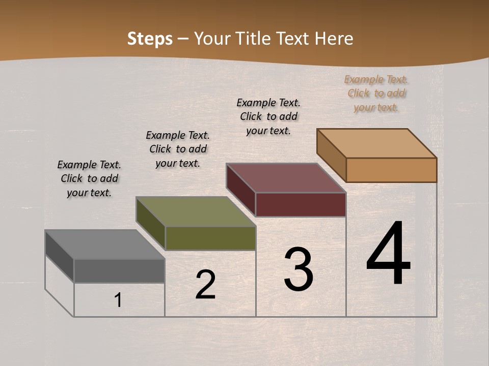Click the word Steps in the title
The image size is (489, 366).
[150, 39]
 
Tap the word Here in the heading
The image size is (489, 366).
[334, 39]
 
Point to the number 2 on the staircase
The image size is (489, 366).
[205, 285]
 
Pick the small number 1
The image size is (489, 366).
[118, 300]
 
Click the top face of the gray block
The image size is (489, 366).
[104, 245]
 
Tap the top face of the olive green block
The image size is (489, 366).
[196, 211]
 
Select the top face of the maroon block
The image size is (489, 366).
[286, 178]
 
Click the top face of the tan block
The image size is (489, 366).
[377, 143]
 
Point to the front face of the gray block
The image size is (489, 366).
[119, 270]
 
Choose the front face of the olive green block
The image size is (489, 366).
[210, 238]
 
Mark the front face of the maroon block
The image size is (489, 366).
[301, 204]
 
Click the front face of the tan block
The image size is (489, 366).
[391, 170]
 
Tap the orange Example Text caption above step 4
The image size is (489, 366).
[376, 94]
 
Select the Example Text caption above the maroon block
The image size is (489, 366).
[268, 116]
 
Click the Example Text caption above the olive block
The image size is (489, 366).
[178, 149]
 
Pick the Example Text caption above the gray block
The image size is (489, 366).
[89, 178]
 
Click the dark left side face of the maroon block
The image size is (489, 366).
[240, 189]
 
